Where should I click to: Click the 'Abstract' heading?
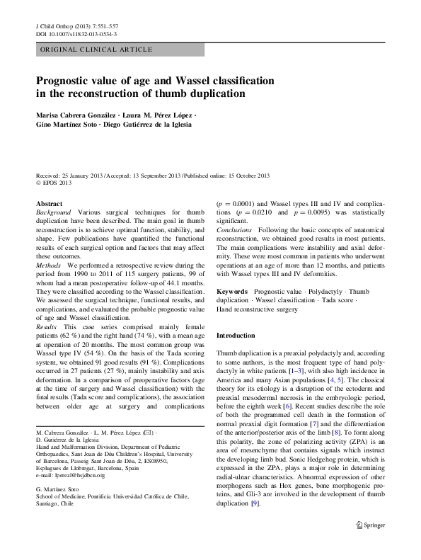click(49, 203)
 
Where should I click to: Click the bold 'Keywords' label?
click(231, 292)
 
